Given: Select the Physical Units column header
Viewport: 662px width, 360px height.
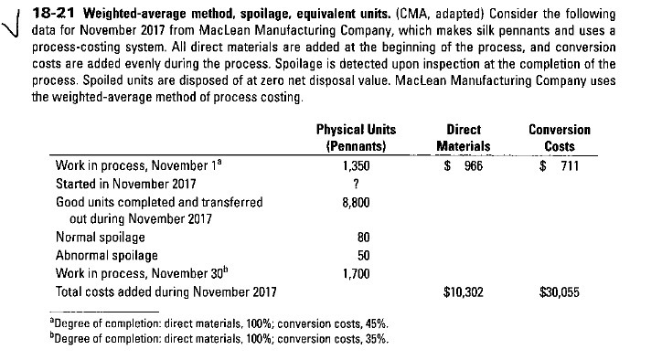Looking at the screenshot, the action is [349, 138].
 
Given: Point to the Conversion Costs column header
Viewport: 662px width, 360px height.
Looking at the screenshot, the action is [565, 138].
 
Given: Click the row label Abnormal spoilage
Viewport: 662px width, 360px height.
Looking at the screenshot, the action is [106, 256].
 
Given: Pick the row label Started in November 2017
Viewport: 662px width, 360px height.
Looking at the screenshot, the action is [123, 184].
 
